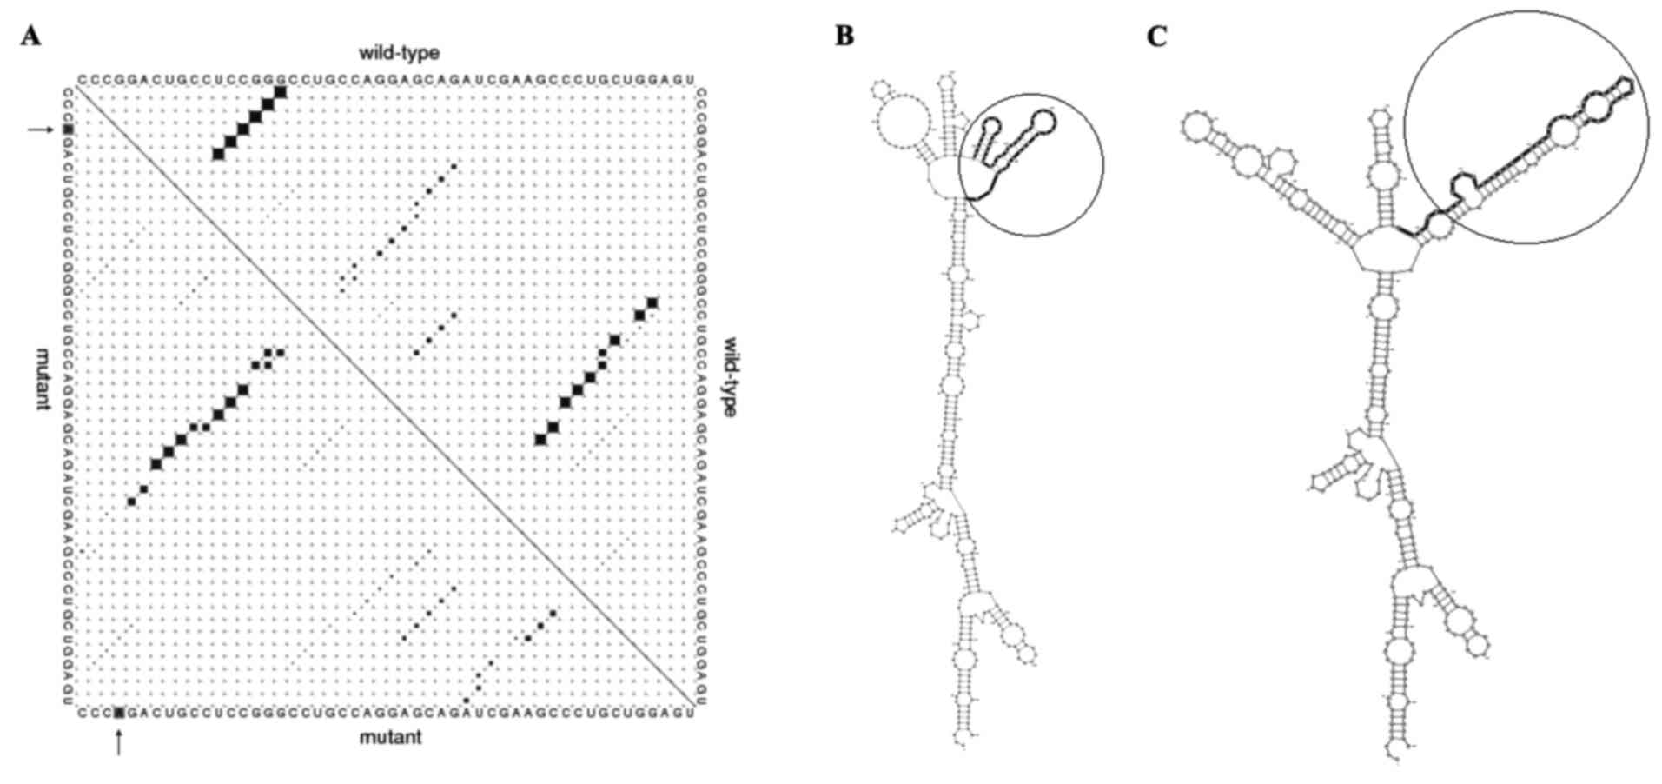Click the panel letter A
[x=31, y=37]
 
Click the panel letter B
[x=844, y=37]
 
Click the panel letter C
[x=1156, y=37]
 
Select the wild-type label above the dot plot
[x=399, y=53]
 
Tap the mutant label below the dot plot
[x=390, y=737]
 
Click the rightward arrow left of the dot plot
[x=40, y=130]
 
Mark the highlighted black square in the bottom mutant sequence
[x=119, y=714]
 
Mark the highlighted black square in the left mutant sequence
[x=69, y=130]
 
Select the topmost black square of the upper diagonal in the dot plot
[x=281, y=92]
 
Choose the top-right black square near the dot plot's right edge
[x=652, y=302]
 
